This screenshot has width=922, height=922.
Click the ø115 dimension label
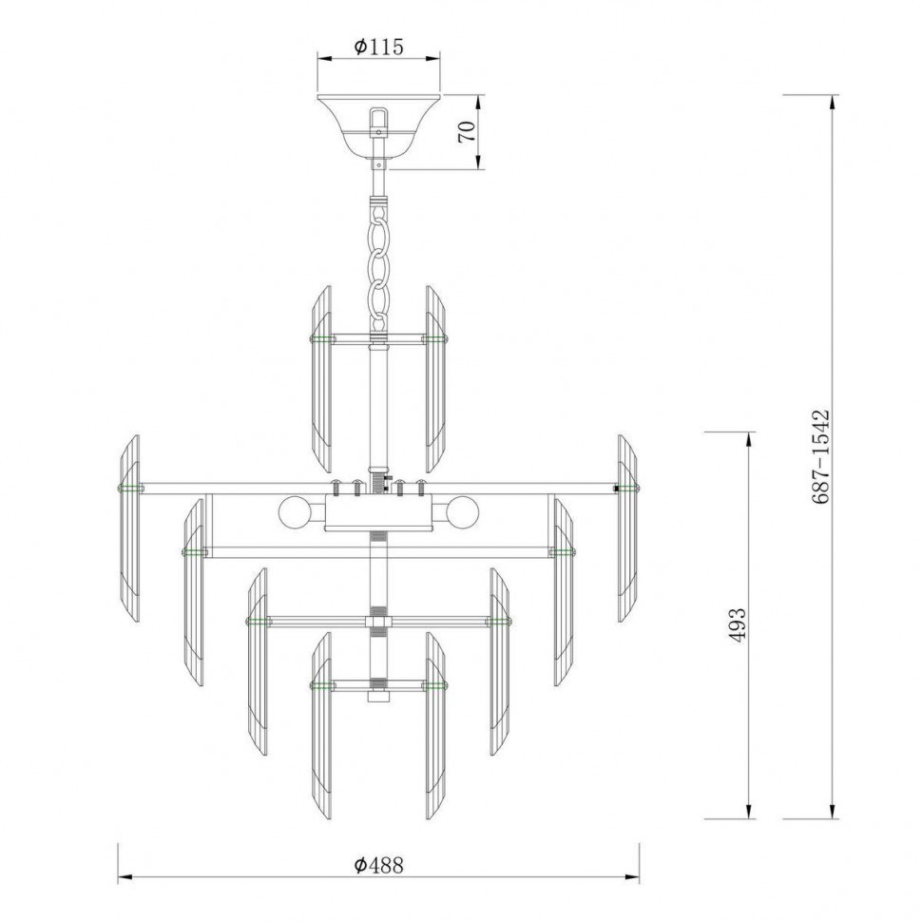click(378, 46)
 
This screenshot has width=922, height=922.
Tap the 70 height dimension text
click(467, 132)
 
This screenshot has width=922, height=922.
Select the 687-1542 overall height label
click(823, 456)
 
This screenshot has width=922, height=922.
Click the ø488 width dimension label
click(378, 864)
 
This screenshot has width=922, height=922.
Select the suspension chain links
click(379, 261)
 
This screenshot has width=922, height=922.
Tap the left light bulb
click(294, 513)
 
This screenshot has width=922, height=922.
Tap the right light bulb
click(463, 513)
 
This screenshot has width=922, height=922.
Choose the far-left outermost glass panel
click(128, 528)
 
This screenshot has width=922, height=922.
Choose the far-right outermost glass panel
click(627, 528)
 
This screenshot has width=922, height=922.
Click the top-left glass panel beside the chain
click(320, 378)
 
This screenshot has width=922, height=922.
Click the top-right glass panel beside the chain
click(436, 378)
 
